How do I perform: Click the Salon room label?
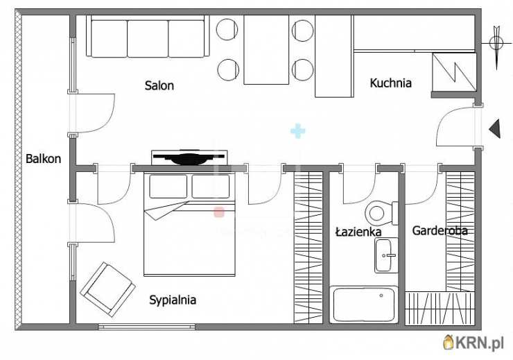coord(159,86)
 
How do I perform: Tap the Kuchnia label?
coord(390,83)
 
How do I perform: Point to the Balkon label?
coord(43,159)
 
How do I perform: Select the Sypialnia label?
coord(173,300)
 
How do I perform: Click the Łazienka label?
coord(358,232)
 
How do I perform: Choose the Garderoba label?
coord(440,231)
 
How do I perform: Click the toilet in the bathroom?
coord(381,213)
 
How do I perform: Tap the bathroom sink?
coord(386,255)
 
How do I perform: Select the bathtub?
coord(364,305)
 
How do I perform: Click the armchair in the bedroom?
coord(108,289)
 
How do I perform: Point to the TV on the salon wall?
coord(189,158)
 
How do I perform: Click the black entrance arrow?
coord(495,128)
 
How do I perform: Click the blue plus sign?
coord(297,131)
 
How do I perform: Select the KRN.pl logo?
coord(473,343)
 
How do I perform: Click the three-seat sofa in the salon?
coord(148,36)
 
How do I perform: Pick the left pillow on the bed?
coord(168,187)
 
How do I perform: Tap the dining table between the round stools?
coord(266,49)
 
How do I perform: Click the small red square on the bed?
coord(219,212)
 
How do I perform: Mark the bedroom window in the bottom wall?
coord(146,327)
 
